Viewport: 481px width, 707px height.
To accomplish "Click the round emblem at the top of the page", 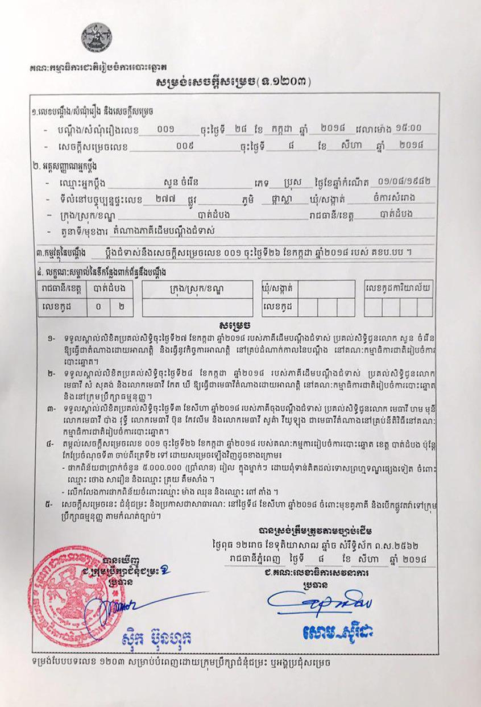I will pos(96,38).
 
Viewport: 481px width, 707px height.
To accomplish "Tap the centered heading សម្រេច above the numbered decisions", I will pos(234,326).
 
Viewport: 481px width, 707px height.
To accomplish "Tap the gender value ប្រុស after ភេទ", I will pos(297,183).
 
